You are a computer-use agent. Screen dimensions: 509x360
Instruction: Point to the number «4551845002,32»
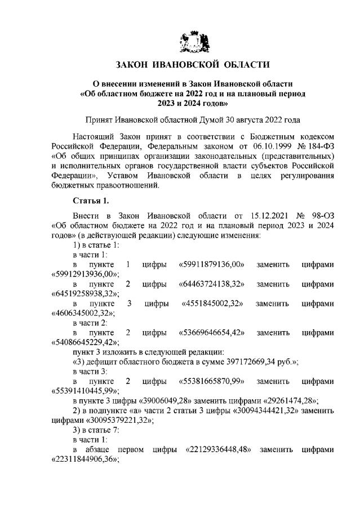(x=212, y=303)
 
